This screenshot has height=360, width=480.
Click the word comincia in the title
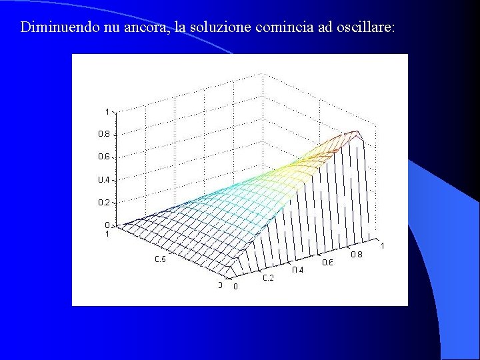(x=279, y=28)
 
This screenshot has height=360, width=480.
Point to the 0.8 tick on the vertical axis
(x=105, y=134)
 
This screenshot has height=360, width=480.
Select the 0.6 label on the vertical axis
(x=105, y=157)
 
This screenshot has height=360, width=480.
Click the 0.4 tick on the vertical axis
(x=105, y=180)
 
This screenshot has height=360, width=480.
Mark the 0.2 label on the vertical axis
(x=105, y=202)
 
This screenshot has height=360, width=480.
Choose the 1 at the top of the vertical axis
(x=107, y=111)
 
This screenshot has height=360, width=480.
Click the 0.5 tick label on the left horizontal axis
(x=161, y=259)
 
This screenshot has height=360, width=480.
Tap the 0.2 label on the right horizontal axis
(x=267, y=278)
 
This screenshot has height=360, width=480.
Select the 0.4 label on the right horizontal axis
(x=297, y=270)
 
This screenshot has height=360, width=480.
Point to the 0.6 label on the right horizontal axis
(x=327, y=262)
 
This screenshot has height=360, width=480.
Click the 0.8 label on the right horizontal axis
(x=357, y=254)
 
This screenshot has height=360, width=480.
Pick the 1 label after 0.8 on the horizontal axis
(x=382, y=246)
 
